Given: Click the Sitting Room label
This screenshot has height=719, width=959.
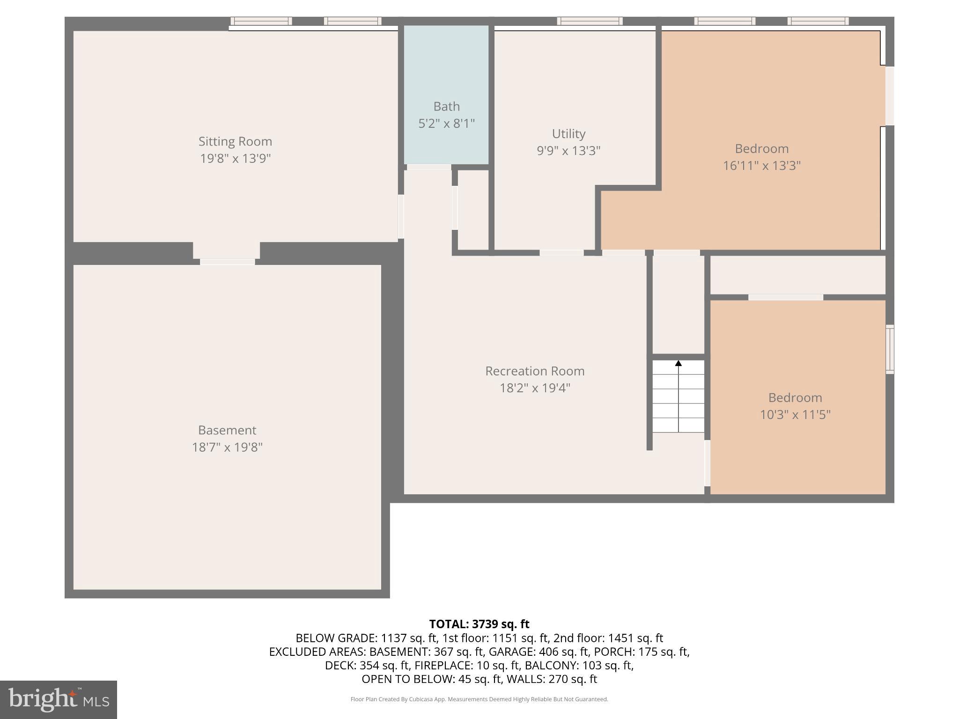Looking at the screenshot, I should tap(235, 141).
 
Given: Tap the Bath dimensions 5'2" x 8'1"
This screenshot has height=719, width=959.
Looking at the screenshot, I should tap(446, 124).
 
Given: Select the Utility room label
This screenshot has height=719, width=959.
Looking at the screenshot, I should tap(568, 134).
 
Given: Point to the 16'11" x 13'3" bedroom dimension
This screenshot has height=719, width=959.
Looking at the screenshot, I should tap(762, 166).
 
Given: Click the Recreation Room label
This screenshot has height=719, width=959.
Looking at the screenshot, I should tap(535, 371).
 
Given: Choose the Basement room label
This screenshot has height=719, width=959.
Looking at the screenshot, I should tap(227, 430).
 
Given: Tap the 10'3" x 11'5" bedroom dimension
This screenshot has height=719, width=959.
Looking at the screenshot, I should tap(795, 415).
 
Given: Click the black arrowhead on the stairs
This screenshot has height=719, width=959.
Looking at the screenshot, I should tap(679, 363).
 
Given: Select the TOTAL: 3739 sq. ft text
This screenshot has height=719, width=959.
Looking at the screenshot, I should tap(479, 624).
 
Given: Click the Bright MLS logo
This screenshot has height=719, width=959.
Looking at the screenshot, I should tap(59, 699).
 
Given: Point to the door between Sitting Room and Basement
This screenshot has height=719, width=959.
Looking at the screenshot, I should tap(228, 262).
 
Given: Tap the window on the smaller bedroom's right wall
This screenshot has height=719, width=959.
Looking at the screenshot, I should tap(890, 349).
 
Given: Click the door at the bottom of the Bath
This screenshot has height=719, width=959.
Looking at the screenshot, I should tap(428, 167).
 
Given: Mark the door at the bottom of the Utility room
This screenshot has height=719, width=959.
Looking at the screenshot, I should tap(561, 253).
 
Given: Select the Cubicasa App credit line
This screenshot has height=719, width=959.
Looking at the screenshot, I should tap(479, 699).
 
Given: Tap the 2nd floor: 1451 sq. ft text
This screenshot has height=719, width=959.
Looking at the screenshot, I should tap(608, 638).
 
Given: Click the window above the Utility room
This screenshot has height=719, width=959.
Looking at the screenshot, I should tap(590, 21).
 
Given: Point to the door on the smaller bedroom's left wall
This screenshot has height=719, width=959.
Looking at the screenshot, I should tap(707, 463).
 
